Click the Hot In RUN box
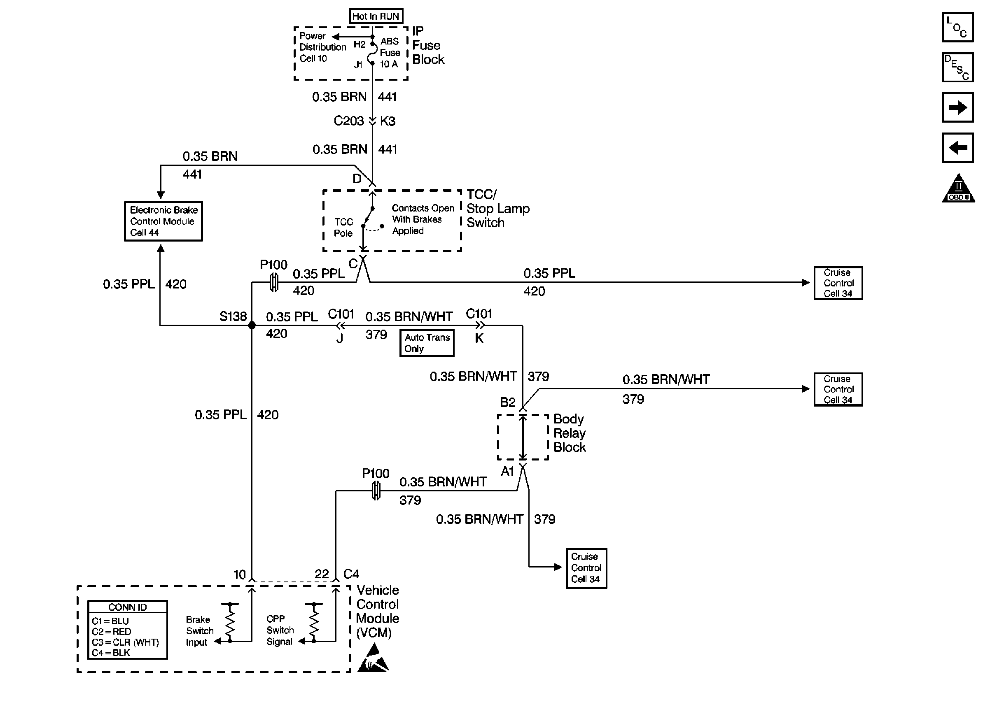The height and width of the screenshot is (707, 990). point(376,16)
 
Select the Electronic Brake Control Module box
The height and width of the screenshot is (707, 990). point(163,221)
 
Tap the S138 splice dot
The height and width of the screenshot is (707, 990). point(252,325)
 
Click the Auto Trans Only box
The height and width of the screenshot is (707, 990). point(427,343)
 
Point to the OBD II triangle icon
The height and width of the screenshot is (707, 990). point(958,189)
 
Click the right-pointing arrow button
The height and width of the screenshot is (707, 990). point(957,107)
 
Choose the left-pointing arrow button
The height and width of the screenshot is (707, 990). point(957,148)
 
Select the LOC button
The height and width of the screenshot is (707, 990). point(957,28)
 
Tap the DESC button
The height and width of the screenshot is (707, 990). point(957,67)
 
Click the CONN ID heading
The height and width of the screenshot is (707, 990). point(127,607)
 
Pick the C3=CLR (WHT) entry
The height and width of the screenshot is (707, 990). point(126,642)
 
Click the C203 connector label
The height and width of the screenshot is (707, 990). point(348,121)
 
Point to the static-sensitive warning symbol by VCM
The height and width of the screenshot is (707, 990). point(373,659)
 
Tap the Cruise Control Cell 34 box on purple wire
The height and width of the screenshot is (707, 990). point(838,283)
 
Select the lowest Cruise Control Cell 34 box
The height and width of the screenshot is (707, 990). point(586,568)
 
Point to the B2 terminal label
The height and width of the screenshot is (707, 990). point(507,402)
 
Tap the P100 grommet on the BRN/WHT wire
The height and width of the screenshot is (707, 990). point(376,491)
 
